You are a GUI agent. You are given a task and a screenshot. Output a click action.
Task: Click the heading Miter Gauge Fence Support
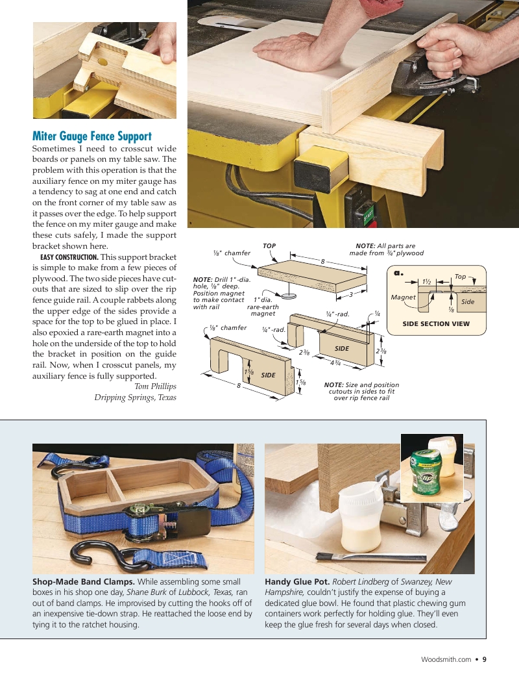pos(92,136)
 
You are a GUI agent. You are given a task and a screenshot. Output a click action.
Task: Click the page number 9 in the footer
pos(484,659)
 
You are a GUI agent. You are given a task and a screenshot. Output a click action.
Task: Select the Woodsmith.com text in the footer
pos(446,659)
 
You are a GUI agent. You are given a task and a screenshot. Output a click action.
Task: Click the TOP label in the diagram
pos(269,246)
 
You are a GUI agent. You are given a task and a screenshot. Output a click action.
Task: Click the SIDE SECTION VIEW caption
pos(436,323)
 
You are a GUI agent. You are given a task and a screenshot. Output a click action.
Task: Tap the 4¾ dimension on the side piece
pos(335,362)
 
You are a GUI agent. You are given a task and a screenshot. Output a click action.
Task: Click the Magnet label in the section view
pos(403,297)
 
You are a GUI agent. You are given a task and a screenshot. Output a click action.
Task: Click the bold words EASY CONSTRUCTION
pos(66,257)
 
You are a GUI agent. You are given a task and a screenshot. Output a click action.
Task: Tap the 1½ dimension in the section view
pos(427,282)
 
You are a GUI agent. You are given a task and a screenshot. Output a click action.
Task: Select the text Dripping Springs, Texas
pos(135,398)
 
